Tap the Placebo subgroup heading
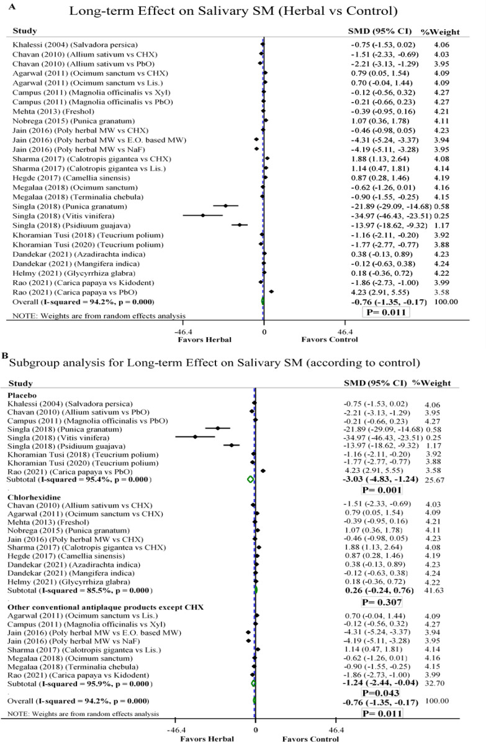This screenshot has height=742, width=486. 21,394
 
